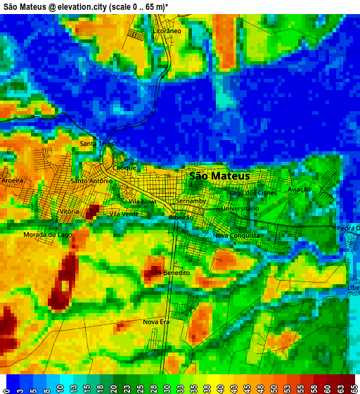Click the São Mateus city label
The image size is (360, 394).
219,176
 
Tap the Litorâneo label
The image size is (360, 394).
167,32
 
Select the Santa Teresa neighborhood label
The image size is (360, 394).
98,144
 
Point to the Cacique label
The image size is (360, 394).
124,167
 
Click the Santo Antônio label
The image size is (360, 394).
91,181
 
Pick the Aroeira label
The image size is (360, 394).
13,180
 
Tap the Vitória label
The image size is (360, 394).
70,212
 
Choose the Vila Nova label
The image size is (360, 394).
143,201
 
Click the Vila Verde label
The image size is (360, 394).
124,213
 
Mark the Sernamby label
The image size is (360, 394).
191,201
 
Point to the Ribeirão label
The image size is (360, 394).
181,218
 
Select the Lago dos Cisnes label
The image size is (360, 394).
253,192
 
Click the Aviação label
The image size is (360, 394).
299,190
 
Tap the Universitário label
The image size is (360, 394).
240,208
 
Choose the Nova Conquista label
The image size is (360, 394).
236,235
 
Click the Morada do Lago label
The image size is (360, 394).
48,234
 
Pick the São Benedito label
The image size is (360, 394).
171,272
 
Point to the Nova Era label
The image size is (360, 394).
156,322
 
